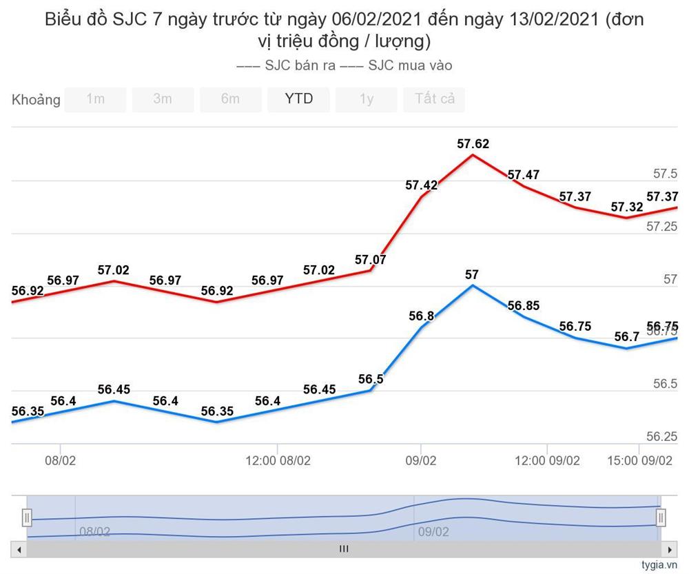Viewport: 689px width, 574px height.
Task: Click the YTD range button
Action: pos(298,99)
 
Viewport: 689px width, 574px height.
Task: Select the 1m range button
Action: pos(95,99)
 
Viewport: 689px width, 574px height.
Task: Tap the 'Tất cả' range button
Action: pos(434,99)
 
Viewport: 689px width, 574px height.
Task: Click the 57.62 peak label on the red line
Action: pos(473,144)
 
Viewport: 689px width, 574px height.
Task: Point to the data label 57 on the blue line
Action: pos(472,274)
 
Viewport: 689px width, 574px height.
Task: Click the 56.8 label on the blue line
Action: pos(421,316)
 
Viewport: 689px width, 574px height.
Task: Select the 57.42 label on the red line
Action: pos(421,185)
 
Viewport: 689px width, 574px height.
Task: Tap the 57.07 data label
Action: pos(371,260)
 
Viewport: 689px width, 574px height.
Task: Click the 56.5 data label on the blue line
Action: pos(371,379)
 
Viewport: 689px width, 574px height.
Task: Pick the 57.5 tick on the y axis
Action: pos(666,174)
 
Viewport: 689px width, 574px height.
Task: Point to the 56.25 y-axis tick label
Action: pos(661,436)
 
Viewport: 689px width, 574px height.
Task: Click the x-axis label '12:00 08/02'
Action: pos(278,460)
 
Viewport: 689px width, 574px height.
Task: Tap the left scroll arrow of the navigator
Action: pos(19,549)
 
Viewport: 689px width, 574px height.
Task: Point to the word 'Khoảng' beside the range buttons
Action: pos(36,100)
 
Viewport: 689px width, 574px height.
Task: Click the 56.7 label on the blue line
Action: pos(626,336)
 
